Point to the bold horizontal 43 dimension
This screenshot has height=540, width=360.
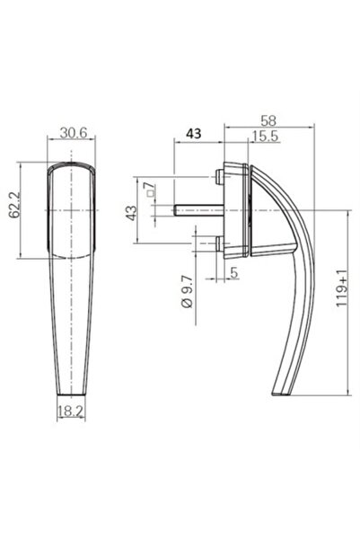[192, 132]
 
